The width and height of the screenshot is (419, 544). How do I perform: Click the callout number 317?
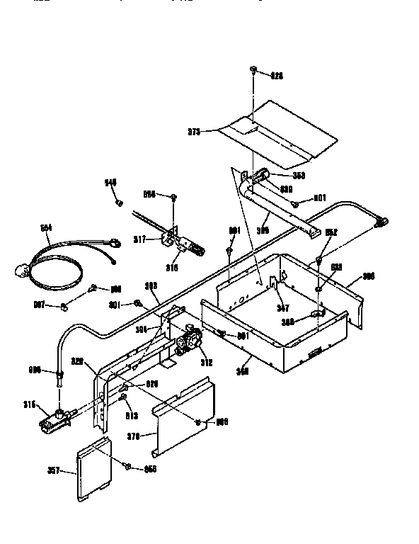coord(140,239)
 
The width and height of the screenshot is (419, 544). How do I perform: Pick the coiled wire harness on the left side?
coord(57,266)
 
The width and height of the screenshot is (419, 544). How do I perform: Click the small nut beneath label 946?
coord(120,203)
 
